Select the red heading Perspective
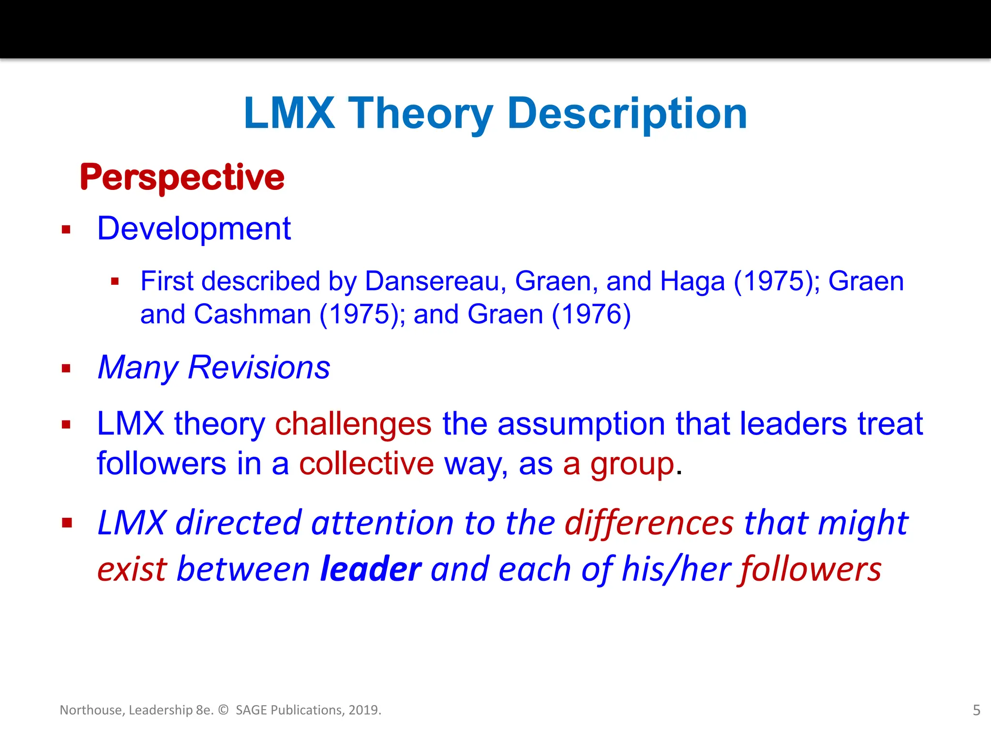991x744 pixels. click(x=182, y=177)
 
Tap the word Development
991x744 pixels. click(x=194, y=229)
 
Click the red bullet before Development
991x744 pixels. click(x=66, y=230)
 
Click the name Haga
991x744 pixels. click(x=692, y=281)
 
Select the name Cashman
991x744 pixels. click(x=252, y=314)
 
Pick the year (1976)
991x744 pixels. click(x=591, y=314)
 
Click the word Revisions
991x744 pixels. click(x=259, y=367)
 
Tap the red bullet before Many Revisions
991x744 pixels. click(x=66, y=369)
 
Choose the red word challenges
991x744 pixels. click(x=353, y=424)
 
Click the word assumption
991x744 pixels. click(x=581, y=424)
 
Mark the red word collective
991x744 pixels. click(x=366, y=464)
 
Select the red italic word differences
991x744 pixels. click(x=649, y=523)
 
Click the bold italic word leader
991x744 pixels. click(x=371, y=569)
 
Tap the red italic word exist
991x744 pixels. click(x=131, y=569)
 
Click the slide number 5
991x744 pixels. click(x=976, y=710)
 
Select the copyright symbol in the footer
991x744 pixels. click(x=223, y=710)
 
